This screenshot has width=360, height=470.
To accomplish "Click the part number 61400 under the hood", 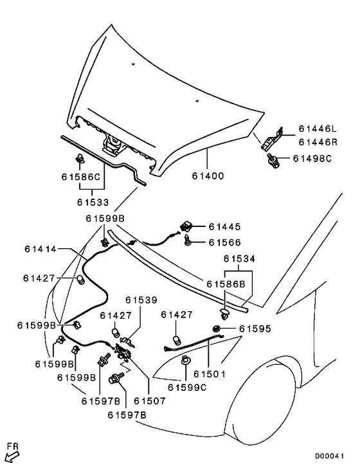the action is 208,176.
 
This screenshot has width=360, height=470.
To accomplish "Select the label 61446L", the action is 318,129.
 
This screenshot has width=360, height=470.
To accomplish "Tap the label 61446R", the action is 318,142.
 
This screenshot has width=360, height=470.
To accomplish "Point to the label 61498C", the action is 312,158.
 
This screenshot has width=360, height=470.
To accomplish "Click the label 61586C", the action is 80,177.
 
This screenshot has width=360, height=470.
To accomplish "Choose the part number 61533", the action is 93,203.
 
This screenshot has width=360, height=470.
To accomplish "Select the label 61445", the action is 224,226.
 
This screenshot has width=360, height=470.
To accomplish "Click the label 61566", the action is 224,242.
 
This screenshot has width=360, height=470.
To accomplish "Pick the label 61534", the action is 239,258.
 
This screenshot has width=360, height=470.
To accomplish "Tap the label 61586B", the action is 226,284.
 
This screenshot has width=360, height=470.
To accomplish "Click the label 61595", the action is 255,329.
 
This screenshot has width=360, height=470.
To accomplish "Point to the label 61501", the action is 209,374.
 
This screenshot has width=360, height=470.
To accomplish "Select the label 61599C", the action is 187,388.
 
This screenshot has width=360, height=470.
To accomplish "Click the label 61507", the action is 150,401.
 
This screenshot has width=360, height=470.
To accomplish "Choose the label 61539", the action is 141,300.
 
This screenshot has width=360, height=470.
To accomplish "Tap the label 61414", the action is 40,249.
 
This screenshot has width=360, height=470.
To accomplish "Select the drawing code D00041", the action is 329,456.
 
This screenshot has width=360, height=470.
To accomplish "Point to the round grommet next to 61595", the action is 216,329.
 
